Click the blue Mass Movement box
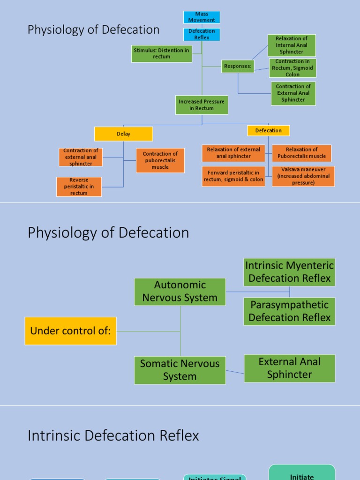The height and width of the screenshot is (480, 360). [x=202, y=17]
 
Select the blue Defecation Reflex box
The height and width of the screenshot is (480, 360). [x=202, y=34]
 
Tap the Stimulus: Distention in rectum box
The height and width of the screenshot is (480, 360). [x=162, y=53]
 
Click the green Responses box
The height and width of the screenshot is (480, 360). [x=238, y=66]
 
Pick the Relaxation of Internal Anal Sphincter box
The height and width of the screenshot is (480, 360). [x=292, y=45]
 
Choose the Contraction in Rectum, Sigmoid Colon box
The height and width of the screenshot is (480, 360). [x=292, y=68]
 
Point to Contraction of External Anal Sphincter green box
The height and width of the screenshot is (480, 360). [x=293, y=93]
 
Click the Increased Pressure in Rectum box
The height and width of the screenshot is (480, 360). [x=202, y=105]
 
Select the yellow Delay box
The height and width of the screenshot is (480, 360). [x=123, y=134]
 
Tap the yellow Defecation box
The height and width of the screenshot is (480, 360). [x=268, y=130]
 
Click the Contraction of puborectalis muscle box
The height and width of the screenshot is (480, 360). [x=160, y=160]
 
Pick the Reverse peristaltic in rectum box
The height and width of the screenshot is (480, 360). [x=79, y=187]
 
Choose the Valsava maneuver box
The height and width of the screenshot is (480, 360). [x=303, y=176]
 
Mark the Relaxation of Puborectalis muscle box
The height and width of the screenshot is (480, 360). [x=301, y=153]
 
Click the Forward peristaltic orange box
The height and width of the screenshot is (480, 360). [x=233, y=176]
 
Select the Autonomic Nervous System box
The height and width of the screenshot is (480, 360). [x=180, y=291]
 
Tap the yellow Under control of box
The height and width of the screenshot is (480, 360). [x=70, y=331]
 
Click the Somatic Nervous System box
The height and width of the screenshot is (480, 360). [x=180, y=370]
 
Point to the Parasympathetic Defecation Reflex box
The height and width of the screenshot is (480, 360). [x=289, y=311]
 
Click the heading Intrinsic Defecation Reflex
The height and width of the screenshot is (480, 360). [x=113, y=435]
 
